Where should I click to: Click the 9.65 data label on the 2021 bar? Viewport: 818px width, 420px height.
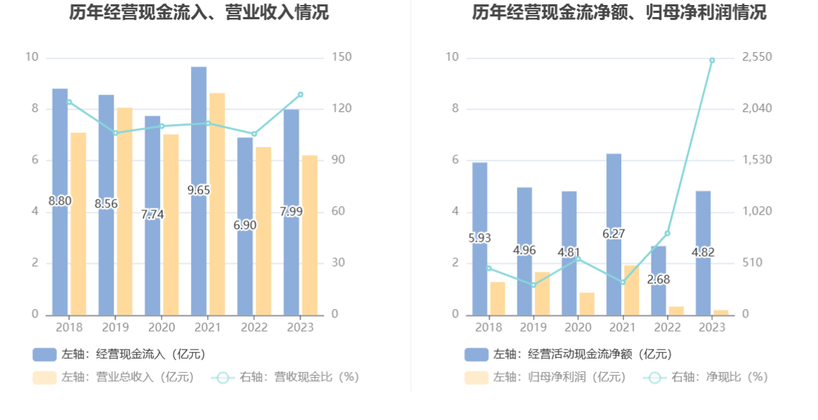coord(199,190)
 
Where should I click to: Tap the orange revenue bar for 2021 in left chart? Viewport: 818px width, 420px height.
coord(217,203)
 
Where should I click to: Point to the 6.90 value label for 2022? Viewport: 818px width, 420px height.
coord(244,225)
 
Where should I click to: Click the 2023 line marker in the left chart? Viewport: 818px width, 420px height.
coord(301,94)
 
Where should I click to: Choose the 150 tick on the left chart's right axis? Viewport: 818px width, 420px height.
coord(343,57)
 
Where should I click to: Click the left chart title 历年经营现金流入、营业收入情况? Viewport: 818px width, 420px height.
coord(200,12)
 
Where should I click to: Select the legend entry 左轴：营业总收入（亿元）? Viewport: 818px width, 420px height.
coord(114,377)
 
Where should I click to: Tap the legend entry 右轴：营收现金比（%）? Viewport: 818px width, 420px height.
coord(285,377)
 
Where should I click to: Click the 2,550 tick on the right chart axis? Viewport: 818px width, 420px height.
coord(757,57)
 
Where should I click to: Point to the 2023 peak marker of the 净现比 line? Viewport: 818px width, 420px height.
coord(712,60)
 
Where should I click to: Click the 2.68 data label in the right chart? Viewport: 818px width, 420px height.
coord(658,280)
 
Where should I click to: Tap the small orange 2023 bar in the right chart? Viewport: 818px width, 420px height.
coord(721,312)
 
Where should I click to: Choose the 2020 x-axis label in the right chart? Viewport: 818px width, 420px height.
coord(578,327)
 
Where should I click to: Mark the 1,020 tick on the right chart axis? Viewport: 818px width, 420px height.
coord(757,212)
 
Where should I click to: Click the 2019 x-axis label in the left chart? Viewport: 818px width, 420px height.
coord(115,327)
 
